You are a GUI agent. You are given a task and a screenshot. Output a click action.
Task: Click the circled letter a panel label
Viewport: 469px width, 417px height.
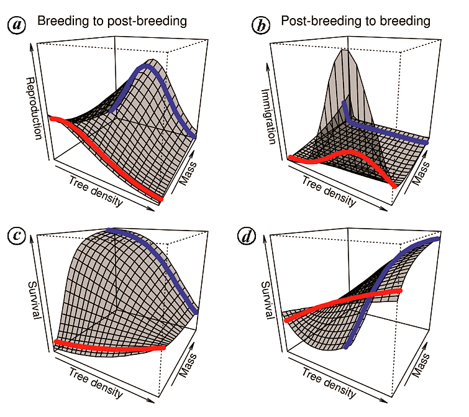point(16,24)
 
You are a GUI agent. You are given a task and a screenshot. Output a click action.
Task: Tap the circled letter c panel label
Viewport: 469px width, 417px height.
point(16,235)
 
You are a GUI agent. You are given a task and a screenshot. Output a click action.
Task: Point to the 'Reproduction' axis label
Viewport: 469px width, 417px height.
point(35,108)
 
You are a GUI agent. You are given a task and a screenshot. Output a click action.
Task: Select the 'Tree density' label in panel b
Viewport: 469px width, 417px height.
point(329,191)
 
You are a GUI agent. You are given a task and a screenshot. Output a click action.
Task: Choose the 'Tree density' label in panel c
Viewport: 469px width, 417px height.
point(95,384)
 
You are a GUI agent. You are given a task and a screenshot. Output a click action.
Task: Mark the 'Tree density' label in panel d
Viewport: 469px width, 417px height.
point(329,383)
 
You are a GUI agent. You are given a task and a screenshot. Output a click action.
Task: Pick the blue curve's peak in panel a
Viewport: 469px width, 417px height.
point(145,64)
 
